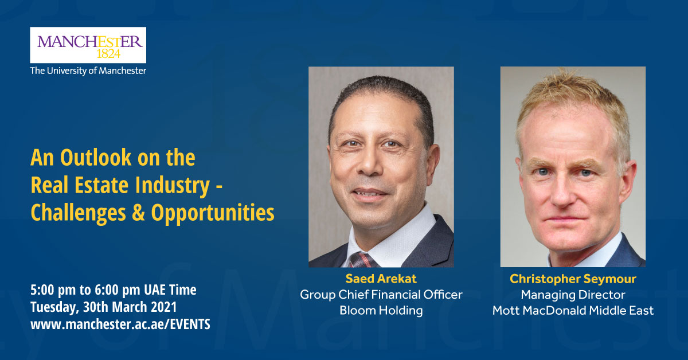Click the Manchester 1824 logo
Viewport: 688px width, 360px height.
pyautogui.click(x=88, y=45)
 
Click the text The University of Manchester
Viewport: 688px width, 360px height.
pyautogui.click(x=88, y=71)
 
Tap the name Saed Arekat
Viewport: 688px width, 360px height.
pyautogui.click(x=381, y=279)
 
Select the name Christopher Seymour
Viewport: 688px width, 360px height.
pyautogui.click(x=573, y=279)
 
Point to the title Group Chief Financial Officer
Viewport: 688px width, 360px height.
pyautogui.click(x=381, y=295)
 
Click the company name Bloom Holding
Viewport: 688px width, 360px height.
pyautogui.click(x=381, y=311)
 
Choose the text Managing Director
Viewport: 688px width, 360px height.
pyautogui.click(x=573, y=295)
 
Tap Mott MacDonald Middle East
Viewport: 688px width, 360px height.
pyautogui.click(x=573, y=311)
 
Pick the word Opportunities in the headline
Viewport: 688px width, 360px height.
pyautogui.click(x=213, y=213)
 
